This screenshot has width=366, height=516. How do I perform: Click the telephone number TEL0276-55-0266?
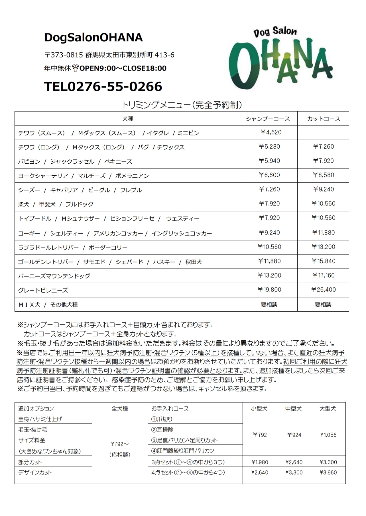103,87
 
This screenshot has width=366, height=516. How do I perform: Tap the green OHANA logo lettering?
281,64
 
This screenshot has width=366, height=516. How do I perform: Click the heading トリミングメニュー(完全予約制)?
182,105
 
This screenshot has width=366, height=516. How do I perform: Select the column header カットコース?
324,119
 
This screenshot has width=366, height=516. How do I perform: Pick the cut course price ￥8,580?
324,175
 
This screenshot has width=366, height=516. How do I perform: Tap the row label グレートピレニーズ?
43,291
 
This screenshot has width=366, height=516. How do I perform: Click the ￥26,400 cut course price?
324,290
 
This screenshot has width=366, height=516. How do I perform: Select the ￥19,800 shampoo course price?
269,290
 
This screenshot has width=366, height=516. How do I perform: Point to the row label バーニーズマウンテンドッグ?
54,276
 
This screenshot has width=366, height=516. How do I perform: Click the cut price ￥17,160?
324,276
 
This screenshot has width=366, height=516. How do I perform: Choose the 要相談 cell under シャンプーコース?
269,305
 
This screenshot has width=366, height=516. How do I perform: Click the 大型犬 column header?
328,409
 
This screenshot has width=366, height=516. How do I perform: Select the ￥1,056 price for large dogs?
328,435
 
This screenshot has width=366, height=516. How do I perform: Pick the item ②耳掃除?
162,430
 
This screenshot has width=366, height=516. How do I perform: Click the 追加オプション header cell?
36,409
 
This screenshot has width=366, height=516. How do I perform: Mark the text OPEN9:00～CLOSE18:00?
123,68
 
